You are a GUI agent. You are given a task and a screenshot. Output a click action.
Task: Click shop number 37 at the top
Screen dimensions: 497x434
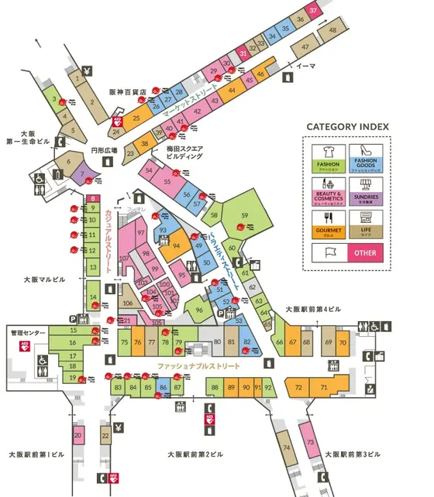coord(313,11)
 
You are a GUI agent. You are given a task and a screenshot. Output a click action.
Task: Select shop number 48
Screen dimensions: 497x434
coord(332,30)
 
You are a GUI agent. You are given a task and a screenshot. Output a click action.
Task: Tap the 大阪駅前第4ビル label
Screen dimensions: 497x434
coord(312,309)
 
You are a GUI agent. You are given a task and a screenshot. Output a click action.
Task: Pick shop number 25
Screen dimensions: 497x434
coord(136,118)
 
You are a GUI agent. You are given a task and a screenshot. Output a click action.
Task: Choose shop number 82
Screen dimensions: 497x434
coord(246,341)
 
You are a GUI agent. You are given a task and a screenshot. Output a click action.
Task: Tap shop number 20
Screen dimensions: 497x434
coord(77,436)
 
